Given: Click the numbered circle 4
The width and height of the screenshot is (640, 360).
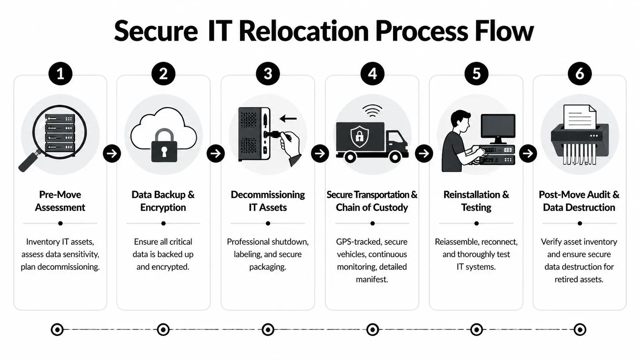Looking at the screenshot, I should coord(372,73).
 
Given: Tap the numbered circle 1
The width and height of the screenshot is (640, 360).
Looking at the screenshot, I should coord(60,73).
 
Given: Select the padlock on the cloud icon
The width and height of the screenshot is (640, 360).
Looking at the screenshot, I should coord(164,147).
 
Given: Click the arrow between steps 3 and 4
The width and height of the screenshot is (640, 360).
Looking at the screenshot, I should coord(320,153).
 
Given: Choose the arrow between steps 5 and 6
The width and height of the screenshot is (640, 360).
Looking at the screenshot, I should coord(528,153).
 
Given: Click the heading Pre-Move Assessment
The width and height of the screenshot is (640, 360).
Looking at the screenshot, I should coord(60,201).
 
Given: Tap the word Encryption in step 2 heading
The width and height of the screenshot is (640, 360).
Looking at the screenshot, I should coord(163,207).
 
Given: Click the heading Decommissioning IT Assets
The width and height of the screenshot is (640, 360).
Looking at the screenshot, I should coord(268,201).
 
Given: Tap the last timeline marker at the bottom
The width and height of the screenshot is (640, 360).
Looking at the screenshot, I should coord(580,329).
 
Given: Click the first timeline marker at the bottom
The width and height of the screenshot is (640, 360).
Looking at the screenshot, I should coord(57,329).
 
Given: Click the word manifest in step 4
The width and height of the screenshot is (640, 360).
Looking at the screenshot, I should coord(371,279).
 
